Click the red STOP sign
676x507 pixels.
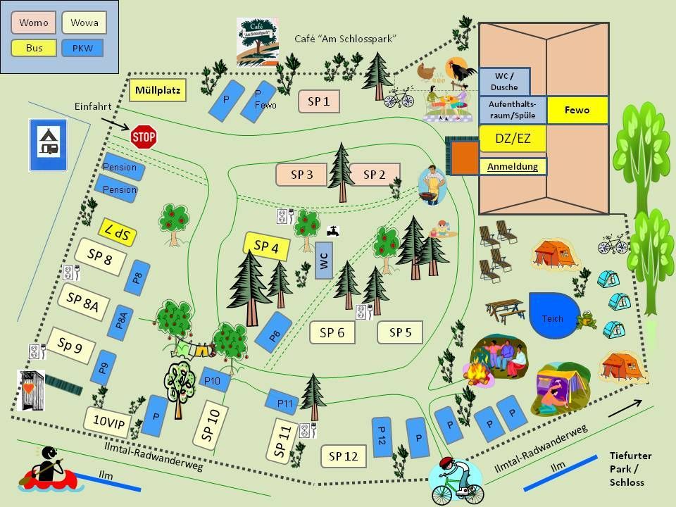pyautogui.click(x=144, y=136)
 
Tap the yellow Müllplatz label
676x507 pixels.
pyautogui.click(x=158, y=90)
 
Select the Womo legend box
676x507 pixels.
pyautogui.click(x=33, y=23)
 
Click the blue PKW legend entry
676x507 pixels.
pyautogui.click(x=82, y=49)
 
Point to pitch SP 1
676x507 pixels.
pyautogui.click(x=319, y=101)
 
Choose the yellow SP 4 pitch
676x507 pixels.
pyautogui.click(x=266, y=246)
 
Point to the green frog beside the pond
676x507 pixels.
pyautogui.click(x=585, y=322)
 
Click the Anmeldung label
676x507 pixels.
pyautogui.click(x=513, y=167)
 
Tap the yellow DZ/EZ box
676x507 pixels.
pyautogui.click(x=513, y=139)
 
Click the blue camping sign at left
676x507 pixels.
pyautogui.click(x=47, y=144)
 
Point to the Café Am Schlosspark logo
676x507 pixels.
pyautogui.click(x=258, y=42)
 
